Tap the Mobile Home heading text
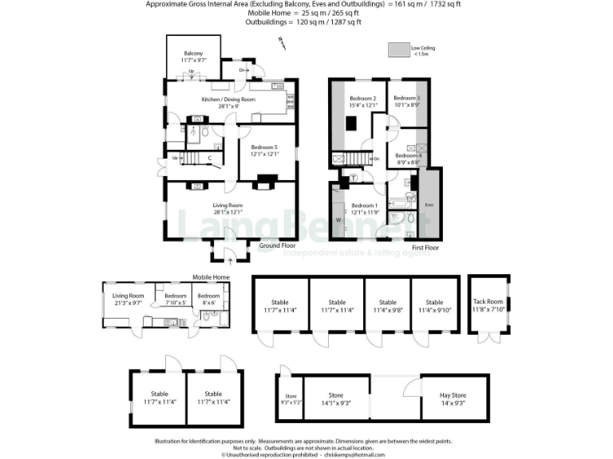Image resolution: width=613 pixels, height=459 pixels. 211,277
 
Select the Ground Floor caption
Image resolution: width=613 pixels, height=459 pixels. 277,246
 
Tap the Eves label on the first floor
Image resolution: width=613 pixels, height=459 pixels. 429,206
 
